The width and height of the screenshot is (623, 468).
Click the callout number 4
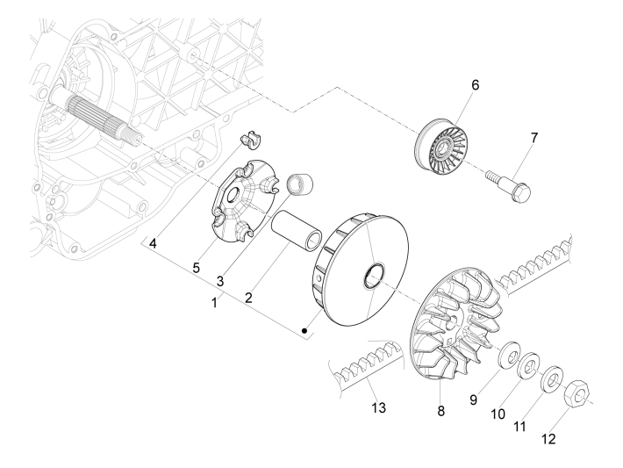coord(154,242)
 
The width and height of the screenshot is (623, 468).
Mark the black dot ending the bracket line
coord(304,332)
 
